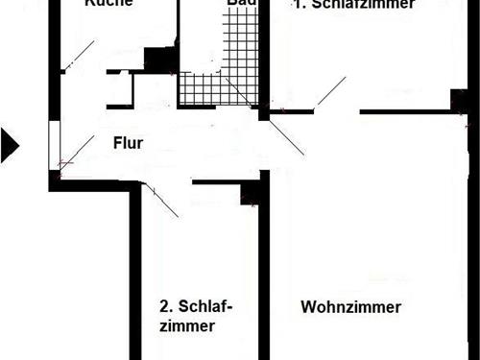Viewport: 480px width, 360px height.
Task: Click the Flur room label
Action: pos(128,145)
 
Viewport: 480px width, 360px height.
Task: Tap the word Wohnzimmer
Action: pos(350,307)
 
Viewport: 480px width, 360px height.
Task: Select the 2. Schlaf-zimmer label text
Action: pos(195,317)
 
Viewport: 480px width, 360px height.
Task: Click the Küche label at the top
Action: pos(108,3)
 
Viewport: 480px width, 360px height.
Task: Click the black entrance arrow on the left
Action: pos(10,144)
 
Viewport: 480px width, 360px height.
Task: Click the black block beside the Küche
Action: pos(157,58)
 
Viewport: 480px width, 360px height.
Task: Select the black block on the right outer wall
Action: pos(459,100)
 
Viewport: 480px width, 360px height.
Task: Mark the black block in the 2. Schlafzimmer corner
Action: pos(252,195)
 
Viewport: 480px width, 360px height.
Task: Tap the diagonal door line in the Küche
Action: pos(77,55)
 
